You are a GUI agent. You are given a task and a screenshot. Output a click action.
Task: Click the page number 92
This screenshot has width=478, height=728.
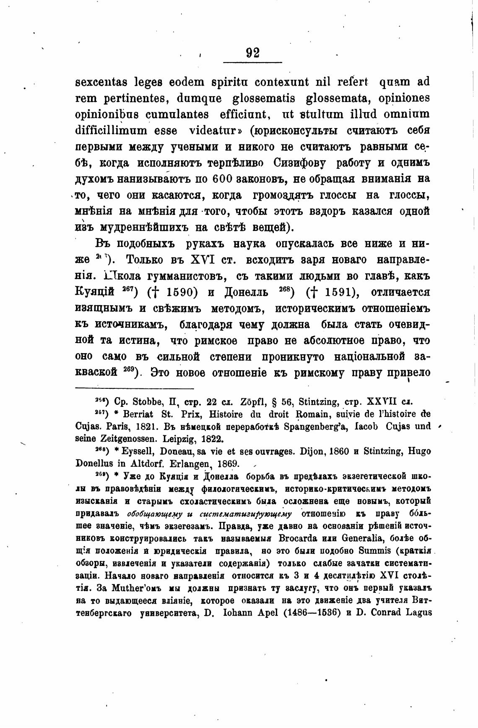tap(253, 53)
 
